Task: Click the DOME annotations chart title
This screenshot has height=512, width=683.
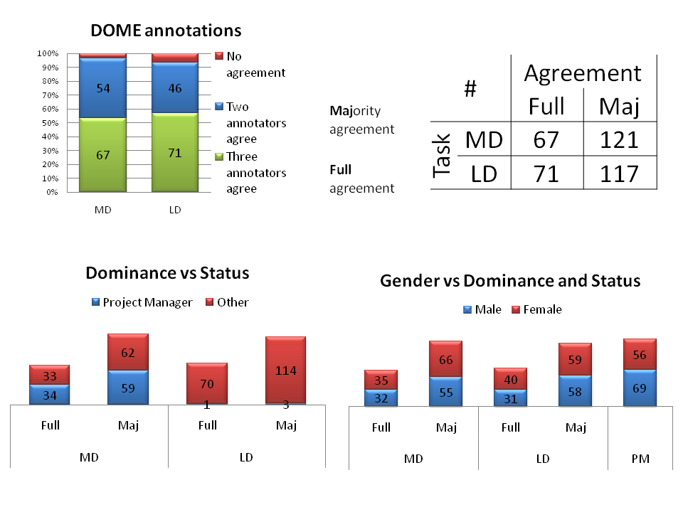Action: tap(166, 31)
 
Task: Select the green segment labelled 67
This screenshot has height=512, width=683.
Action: tap(102, 155)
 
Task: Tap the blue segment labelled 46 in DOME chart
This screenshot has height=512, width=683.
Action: tap(175, 88)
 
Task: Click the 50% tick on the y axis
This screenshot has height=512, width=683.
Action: tap(48, 123)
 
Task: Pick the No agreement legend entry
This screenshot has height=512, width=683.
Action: tap(250, 64)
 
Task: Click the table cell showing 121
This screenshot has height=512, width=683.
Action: tap(619, 140)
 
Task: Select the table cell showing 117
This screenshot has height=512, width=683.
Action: tap(619, 173)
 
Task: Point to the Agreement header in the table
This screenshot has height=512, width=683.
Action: tap(583, 73)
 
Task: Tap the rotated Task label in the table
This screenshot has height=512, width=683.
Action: tap(443, 156)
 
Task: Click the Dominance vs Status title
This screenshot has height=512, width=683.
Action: tap(167, 273)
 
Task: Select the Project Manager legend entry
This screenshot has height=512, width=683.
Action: tap(142, 302)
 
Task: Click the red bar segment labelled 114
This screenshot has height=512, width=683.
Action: tap(285, 370)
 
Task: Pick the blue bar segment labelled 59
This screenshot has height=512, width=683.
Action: tap(128, 388)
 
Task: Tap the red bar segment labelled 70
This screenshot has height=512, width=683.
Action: tap(207, 383)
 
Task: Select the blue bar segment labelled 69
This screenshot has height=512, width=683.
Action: tap(639, 388)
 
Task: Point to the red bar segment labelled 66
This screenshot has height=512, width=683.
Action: tap(445, 359)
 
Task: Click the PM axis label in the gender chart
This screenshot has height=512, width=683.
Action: tap(640, 459)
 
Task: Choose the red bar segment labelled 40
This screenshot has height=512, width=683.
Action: tap(510, 379)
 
